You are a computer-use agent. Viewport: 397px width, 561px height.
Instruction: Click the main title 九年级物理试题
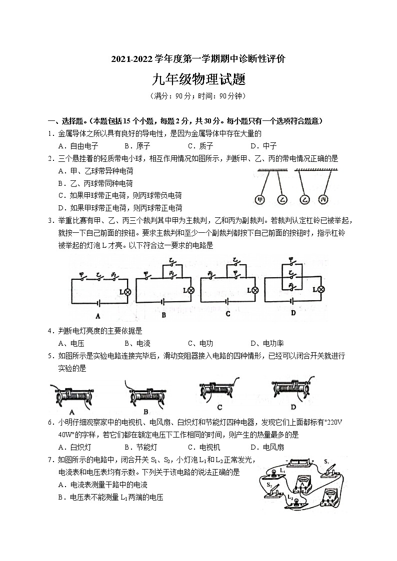[x=198, y=79]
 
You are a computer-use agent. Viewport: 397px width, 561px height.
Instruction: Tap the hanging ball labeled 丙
[x=323, y=199]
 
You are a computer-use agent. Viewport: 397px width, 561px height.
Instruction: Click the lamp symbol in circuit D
[x=322, y=289]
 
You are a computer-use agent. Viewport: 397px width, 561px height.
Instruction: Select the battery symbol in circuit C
[x=228, y=302]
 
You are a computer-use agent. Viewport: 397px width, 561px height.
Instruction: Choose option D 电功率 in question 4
[x=267, y=343]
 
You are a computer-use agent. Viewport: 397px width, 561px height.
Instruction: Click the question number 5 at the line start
[x=50, y=356]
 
